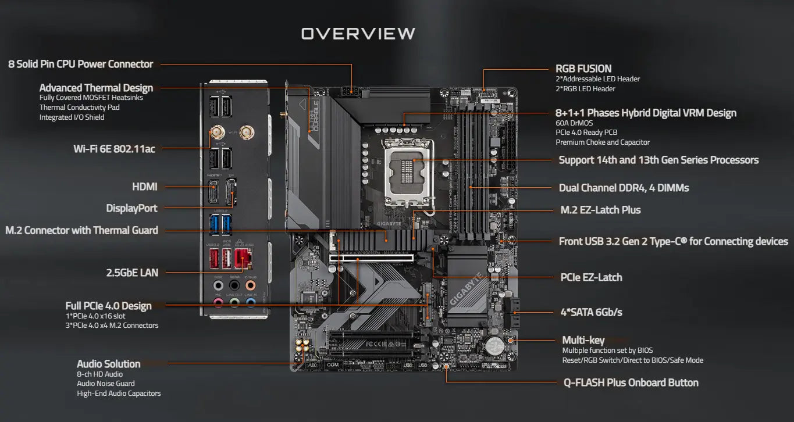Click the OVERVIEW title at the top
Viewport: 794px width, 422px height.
click(x=358, y=34)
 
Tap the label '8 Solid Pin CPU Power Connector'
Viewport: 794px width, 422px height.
click(x=80, y=65)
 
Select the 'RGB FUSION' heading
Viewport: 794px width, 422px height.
click(x=583, y=69)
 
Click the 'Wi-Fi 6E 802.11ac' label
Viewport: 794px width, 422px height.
click(x=114, y=149)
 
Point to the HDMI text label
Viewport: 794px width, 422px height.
click(x=145, y=187)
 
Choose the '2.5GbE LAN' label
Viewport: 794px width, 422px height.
click(x=132, y=272)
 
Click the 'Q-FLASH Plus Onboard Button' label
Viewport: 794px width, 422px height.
click(x=631, y=383)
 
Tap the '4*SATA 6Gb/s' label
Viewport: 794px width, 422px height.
click(x=591, y=312)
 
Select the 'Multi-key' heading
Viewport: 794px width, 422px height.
click(x=583, y=340)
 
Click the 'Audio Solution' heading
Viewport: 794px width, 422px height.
click(x=109, y=364)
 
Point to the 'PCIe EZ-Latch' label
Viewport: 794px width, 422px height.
click(x=591, y=277)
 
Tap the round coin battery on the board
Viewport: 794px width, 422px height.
click(x=495, y=345)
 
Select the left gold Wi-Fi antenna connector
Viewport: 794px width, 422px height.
click(x=218, y=133)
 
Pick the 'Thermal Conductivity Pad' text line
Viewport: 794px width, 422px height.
click(x=79, y=108)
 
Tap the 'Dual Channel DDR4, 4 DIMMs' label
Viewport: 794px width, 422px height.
click(x=624, y=188)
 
